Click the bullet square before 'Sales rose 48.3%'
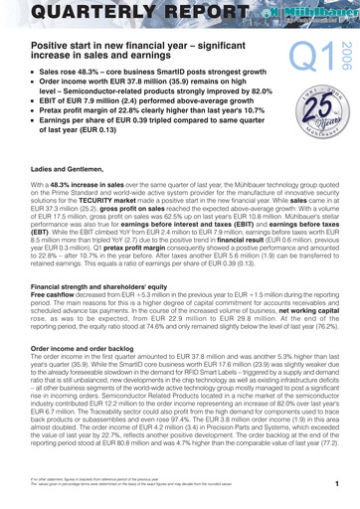point(11,76)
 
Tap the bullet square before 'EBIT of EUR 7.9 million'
point(11,113)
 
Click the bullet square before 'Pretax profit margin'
point(11,125)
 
